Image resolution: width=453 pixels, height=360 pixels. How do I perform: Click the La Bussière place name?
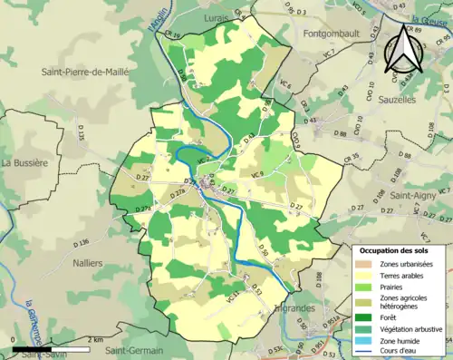click(x=24, y=163)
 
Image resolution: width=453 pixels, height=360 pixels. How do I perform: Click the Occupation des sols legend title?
click(x=400, y=249)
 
